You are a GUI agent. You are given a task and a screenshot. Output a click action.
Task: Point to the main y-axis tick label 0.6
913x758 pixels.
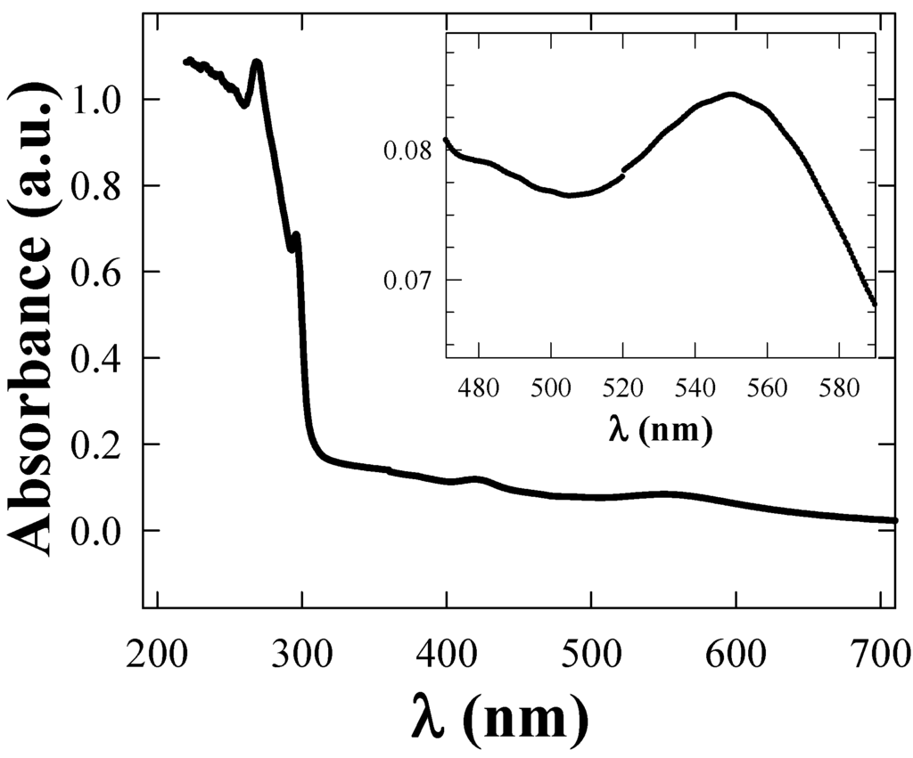101,272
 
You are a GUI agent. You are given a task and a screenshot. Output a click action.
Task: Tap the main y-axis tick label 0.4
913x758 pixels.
101,358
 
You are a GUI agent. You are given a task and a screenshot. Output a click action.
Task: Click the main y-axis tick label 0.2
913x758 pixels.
101,444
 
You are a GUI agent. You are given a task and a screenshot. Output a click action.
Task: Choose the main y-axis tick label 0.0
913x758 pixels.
101,531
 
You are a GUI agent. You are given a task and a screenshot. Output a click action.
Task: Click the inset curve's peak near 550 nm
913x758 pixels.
731,94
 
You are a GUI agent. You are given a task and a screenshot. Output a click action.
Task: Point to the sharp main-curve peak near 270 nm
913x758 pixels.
257,62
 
